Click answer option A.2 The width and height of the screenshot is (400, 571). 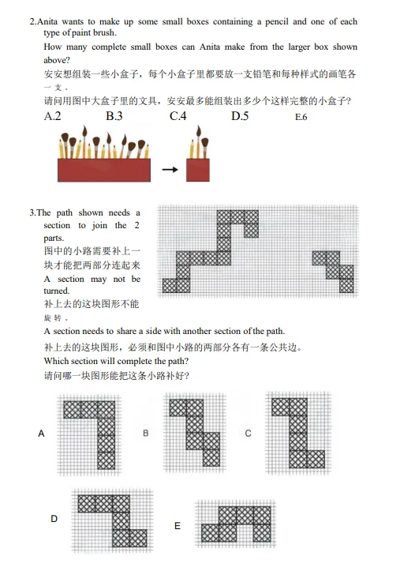pos(54,117)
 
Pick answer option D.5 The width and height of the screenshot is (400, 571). pos(240,117)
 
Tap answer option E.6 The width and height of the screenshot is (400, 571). pos(301,118)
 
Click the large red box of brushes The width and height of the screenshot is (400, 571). pos(103,169)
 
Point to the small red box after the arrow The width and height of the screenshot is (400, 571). pos(197,169)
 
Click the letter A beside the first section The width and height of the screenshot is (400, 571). pos(40,434)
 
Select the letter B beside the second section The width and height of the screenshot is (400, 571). pos(146,434)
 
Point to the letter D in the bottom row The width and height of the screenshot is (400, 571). pos(54,519)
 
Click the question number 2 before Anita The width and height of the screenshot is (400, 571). pos(32,21)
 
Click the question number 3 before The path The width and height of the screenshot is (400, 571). pos(32,213)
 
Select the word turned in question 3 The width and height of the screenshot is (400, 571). pos(57,291)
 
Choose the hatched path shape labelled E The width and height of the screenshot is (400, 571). pos(234,524)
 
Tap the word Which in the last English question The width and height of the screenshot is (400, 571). pos(58,361)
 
